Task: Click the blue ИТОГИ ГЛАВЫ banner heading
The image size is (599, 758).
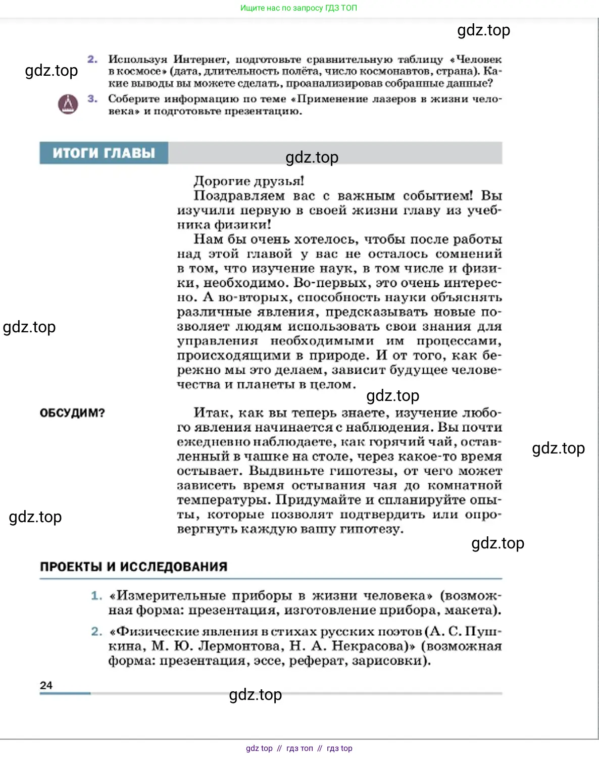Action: click(x=104, y=153)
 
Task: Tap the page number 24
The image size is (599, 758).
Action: click(x=46, y=685)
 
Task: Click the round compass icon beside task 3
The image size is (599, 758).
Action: click(x=68, y=104)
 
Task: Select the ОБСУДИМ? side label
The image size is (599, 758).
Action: click(x=72, y=413)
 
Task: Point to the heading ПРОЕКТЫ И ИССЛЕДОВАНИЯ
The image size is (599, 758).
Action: click(x=134, y=567)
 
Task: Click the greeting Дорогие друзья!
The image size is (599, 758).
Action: click(x=248, y=181)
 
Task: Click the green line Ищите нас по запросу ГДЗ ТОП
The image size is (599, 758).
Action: click(x=298, y=8)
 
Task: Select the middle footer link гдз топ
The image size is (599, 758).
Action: click(x=299, y=748)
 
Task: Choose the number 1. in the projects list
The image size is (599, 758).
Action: click(x=96, y=596)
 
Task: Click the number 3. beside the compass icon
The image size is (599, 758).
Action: click(x=92, y=99)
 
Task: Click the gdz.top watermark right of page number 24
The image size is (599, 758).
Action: click(x=256, y=695)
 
